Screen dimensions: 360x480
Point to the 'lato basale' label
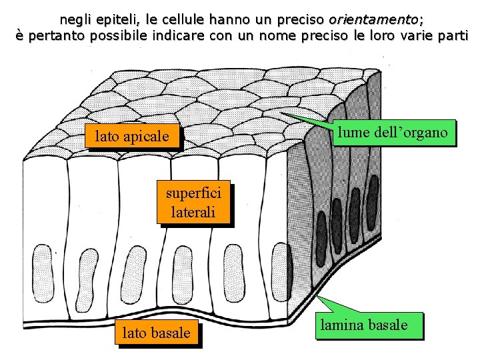(x=157, y=332)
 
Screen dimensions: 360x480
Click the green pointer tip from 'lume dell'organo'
(x=280, y=113)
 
